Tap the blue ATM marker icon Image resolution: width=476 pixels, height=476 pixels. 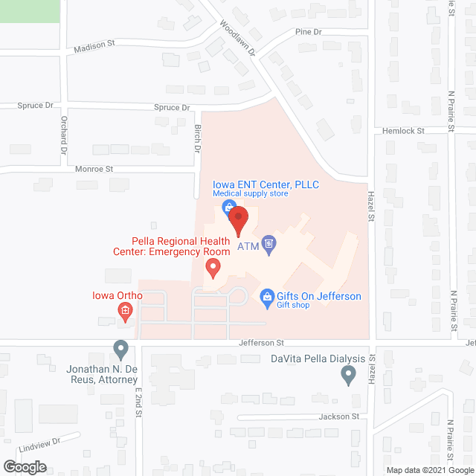[269, 242]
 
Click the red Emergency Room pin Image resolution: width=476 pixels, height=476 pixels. [213, 267]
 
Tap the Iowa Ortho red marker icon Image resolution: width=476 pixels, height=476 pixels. [125, 312]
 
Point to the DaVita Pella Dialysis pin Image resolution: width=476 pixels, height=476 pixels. [347, 377]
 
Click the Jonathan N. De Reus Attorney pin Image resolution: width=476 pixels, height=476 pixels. [120, 348]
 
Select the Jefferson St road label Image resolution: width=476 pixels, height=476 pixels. [262, 343]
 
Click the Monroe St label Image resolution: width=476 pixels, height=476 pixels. [94, 170]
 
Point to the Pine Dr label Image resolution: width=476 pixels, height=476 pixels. [307, 32]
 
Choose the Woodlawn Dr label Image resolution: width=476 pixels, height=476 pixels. [237, 38]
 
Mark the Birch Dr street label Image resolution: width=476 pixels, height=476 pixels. [198, 138]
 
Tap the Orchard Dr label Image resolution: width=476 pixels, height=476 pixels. [63, 132]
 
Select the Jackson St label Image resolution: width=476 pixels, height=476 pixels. [340, 416]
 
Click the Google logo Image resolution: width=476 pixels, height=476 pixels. [24, 467]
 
